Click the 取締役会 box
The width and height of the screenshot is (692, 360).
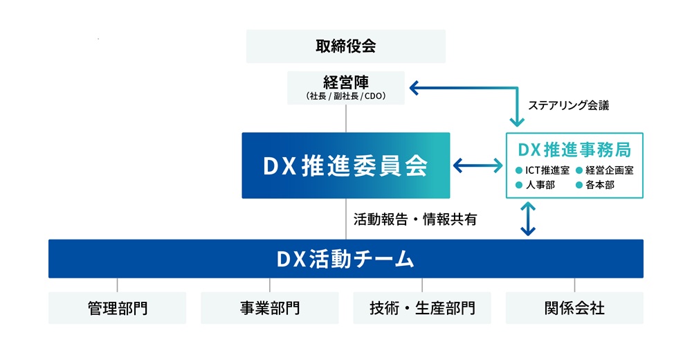[x=346, y=46]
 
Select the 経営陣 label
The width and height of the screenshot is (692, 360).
[x=346, y=82]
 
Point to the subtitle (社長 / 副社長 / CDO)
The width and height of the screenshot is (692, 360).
[x=346, y=96]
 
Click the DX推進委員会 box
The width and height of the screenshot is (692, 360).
[x=346, y=165]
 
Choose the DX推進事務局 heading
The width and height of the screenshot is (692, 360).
[x=574, y=149]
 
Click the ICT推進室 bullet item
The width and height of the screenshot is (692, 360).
[x=544, y=170]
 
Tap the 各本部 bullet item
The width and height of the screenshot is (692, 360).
[x=599, y=185]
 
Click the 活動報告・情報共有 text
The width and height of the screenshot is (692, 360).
[x=415, y=219]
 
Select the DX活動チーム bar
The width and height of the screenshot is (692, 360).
[x=346, y=259]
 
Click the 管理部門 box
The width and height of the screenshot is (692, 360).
[x=118, y=308]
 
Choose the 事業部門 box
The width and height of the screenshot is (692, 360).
[x=270, y=308]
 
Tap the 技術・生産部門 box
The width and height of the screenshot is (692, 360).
[x=422, y=308]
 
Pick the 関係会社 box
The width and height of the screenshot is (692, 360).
[x=574, y=308]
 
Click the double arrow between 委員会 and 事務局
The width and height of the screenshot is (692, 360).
[x=478, y=165]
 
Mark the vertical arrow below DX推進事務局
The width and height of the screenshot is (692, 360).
[x=528, y=219]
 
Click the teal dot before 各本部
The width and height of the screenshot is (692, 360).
[x=579, y=185]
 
